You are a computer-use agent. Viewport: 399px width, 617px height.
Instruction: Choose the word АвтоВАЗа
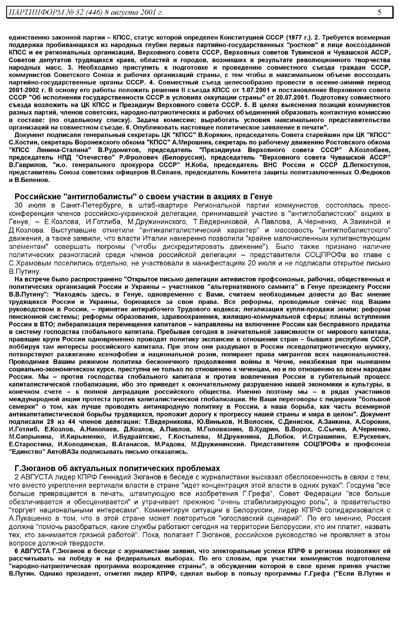click(x=64, y=452)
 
